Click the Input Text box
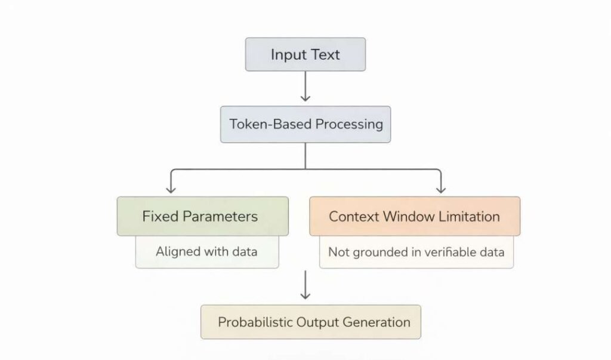[x=305, y=55]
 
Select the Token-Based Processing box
[x=305, y=124]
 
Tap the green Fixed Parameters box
[x=202, y=216]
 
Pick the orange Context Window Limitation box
[x=414, y=216]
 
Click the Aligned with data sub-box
[x=206, y=251]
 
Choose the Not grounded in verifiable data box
[x=416, y=251]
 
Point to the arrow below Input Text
[x=305, y=88]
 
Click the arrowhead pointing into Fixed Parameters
[x=171, y=188]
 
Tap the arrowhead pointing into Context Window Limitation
[x=441, y=188]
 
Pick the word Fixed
[x=161, y=216]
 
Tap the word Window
[x=406, y=216]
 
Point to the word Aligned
[x=178, y=251]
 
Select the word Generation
[x=377, y=322]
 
